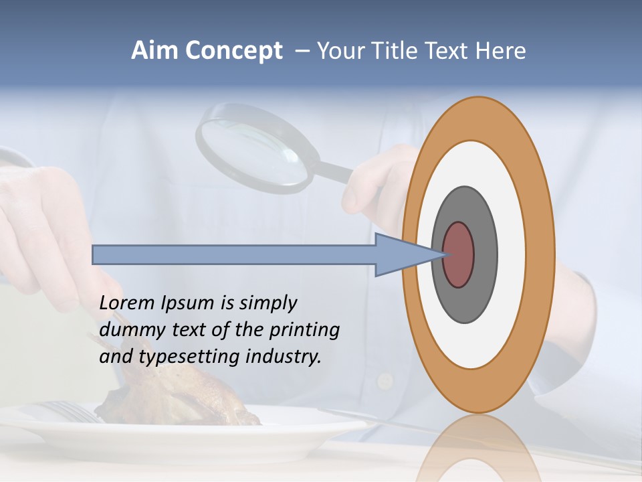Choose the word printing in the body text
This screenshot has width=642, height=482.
pos(304,331)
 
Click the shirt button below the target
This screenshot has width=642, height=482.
pos(385,382)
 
